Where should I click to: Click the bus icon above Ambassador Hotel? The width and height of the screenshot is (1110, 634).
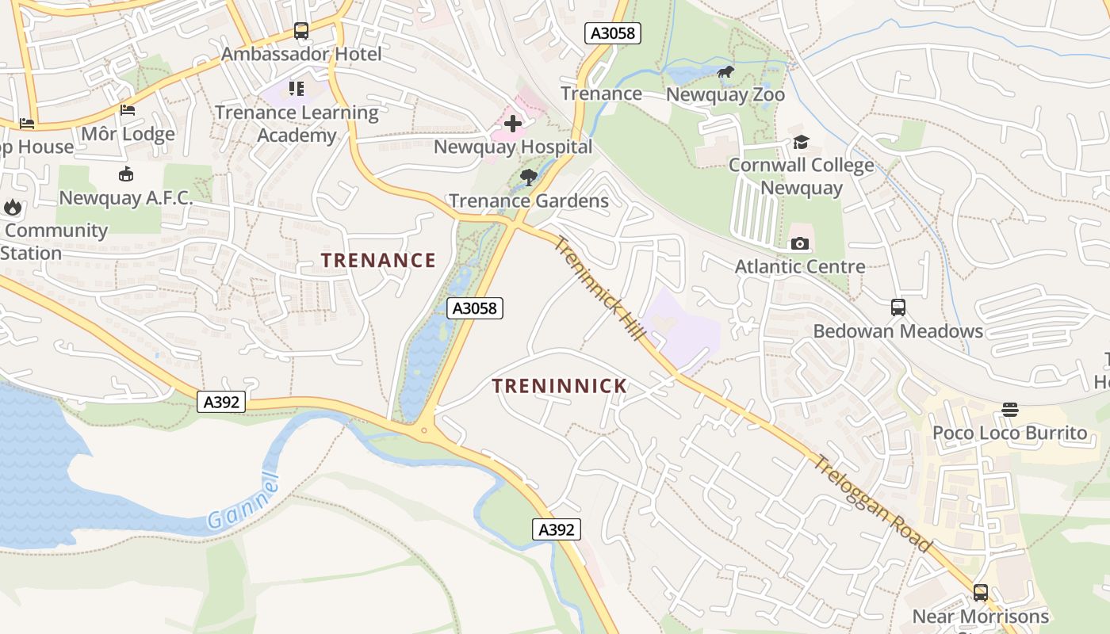coord(301,31)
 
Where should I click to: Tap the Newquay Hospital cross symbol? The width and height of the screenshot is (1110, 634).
coord(513,123)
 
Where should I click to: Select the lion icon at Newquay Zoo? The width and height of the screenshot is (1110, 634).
coord(725,73)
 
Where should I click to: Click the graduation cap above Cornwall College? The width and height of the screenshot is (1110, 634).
coord(801,143)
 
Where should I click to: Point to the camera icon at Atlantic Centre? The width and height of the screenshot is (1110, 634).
coord(800,243)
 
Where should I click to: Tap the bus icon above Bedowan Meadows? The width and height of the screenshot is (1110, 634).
coord(898,307)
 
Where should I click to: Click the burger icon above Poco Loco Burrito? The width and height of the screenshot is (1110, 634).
coord(1009,410)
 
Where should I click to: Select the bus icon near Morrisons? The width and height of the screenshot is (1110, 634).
coord(981,593)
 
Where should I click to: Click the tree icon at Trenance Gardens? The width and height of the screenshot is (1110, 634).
coord(529,178)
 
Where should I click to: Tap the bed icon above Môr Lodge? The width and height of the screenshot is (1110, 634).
coord(128,110)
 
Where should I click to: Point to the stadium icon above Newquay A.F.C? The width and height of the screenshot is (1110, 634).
coord(125,174)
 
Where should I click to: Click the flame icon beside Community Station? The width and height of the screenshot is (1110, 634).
coord(13,208)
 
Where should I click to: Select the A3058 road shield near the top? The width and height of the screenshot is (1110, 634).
coord(612,33)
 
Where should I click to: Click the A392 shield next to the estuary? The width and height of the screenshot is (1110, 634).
coord(221,402)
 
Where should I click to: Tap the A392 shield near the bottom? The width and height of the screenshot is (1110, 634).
coord(556,529)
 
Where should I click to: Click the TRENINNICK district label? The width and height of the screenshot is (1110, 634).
coord(559,386)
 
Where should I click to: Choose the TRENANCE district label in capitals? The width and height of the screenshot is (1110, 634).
coord(378,260)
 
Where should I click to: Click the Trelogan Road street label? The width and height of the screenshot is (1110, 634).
coord(872,503)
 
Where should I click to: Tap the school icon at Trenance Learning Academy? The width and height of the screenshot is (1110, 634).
coord(297,89)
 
